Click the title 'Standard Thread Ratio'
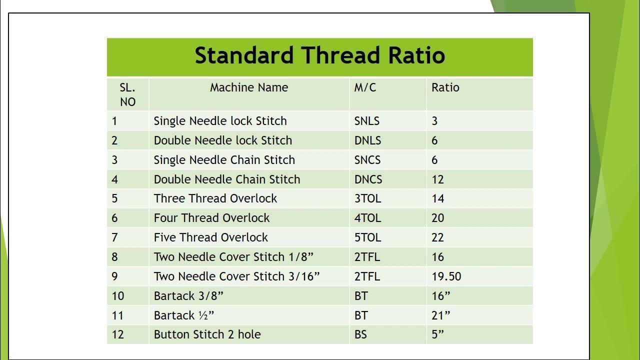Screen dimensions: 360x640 tap(319, 55)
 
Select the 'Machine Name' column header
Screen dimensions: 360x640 tap(249, 87)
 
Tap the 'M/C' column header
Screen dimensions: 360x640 tap(365, 87)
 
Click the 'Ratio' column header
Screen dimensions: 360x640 tap(445, 87)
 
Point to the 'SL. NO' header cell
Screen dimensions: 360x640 tap(127, 94)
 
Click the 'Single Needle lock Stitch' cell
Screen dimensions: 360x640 tap(220, 121)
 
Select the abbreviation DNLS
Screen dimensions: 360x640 tap(367, 140)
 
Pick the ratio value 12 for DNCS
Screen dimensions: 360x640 tap(437, 179)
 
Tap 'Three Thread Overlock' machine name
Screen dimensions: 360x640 tap(215, 198)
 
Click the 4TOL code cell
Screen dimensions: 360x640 tap(367, 218)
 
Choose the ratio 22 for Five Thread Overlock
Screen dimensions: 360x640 tap(437, 237)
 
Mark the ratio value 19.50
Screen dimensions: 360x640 tap(446, 276)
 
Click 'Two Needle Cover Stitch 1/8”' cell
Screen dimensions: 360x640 tap(233, 257)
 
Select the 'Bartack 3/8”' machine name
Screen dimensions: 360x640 tap(188, 296)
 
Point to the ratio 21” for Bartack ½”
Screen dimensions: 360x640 tap(440, 315)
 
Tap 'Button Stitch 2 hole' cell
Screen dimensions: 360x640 tap(207, 334)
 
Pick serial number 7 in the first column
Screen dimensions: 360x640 tap(114, 237)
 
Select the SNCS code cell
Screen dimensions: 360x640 tap(367, 160)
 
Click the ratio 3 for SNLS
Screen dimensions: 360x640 tap(434, 121)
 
